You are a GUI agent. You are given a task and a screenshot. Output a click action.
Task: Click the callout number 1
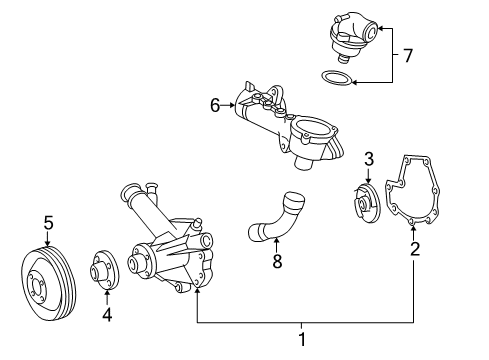302,339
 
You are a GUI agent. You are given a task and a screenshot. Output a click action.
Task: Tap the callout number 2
415,249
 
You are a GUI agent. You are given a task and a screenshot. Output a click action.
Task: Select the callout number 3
369,159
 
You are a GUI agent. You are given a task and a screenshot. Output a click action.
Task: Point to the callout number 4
107,314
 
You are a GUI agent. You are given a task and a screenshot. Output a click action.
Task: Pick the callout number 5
49,223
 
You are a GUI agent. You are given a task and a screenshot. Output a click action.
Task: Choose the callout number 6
215,105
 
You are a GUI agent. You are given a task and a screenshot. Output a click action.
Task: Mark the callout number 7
408,55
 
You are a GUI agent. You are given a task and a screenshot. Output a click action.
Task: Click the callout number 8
277,261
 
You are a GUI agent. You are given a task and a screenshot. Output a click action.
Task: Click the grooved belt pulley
49,283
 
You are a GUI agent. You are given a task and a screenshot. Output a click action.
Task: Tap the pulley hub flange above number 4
105,270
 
